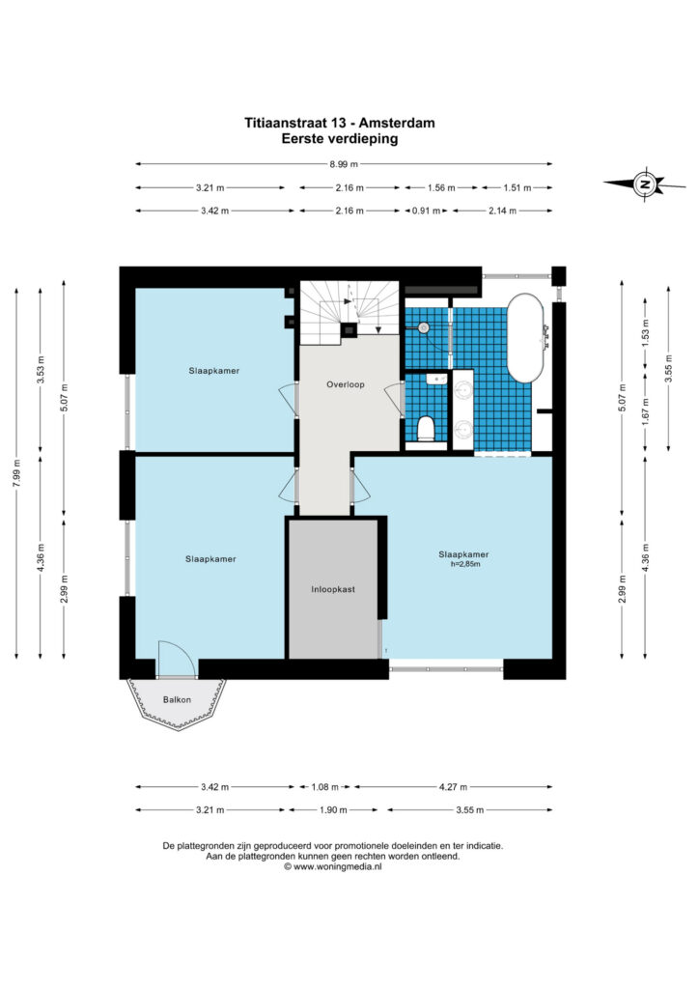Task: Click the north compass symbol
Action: pyautogui.click(x=644, y=184)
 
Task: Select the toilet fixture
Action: pyautogui.click(x=427, y=428)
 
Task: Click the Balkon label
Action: pyautogui.click(x=177, y=699)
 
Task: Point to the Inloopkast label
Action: pyautogui.click(x=333, y=589)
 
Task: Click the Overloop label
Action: pyautogui.click(x=346, y=384)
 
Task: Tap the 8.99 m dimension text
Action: pyautogui.click(x=344, y=164)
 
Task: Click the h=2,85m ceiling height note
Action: pyautogui.click(x=465, y=564)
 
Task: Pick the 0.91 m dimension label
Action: pyautogui.click(x=426, y=211)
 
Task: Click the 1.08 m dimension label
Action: pyautogui.click(x=325, y=786)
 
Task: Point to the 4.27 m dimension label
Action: pyautogui.click(x=453, y=786)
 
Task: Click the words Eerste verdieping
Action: pyautogui.click(x=340, y=138)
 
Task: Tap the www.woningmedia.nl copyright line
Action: pyautogui.click(x=333, y=866)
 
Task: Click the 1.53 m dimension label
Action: pyautogui.click(x=645, y=333)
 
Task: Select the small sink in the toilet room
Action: pyautogui.click(x=436, y=379)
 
